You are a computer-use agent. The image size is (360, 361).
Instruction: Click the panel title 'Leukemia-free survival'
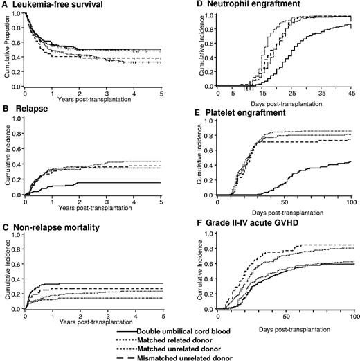coord(53,5)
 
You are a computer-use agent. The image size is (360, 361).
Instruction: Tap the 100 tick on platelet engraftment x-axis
coord(350,201)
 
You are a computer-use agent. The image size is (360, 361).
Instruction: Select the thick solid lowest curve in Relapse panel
coord(104,183)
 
